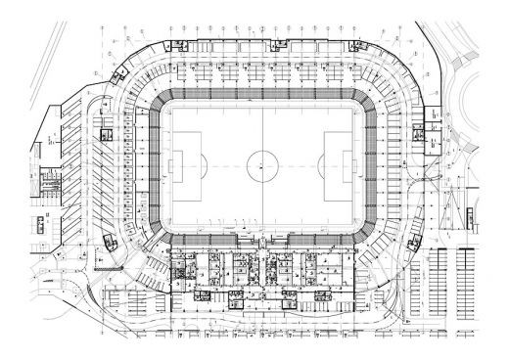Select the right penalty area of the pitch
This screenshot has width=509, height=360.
(x=339, y=163)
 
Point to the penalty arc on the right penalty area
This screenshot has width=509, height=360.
(x=324, y=163)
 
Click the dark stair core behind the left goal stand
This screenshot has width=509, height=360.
(x=108, y=135)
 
